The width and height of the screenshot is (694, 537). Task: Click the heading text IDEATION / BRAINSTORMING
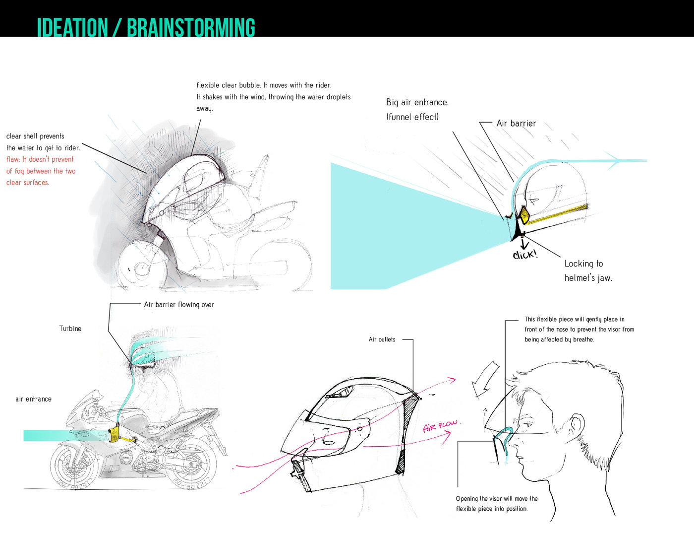tap(146, 28)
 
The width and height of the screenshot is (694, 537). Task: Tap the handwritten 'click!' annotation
tap(524, 255)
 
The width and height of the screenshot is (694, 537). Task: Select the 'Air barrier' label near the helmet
tap(516, 124)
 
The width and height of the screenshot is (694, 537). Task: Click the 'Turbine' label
tap(70, 329)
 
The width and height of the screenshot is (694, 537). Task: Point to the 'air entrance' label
tap(33, 399)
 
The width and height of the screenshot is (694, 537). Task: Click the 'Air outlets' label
tap(382, 339)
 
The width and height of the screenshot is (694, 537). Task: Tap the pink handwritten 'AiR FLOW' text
tap(440, 426)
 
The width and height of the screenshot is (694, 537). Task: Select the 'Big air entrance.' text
tap(417, 102)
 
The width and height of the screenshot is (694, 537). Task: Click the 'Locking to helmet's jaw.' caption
tap(588, 270)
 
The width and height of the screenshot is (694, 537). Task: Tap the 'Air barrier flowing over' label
tap(179, 305)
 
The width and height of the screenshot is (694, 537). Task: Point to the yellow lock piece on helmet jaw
tap(523, 215)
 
